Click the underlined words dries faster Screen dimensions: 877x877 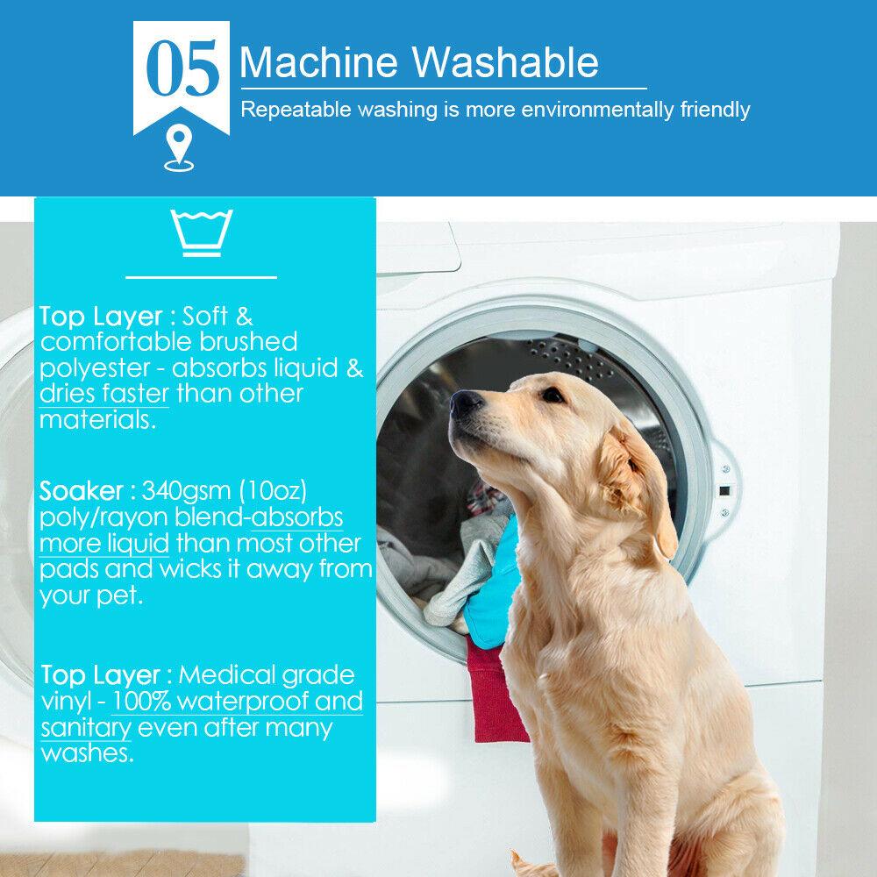tap(105, 393)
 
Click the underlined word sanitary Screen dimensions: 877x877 tap(85, 727)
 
